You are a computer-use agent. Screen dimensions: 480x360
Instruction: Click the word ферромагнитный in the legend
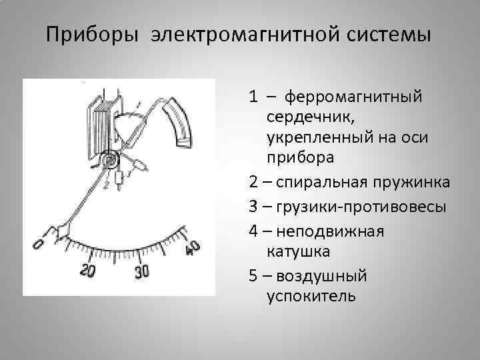[354, 98]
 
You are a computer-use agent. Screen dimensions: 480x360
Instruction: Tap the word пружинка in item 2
[415, 182]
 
